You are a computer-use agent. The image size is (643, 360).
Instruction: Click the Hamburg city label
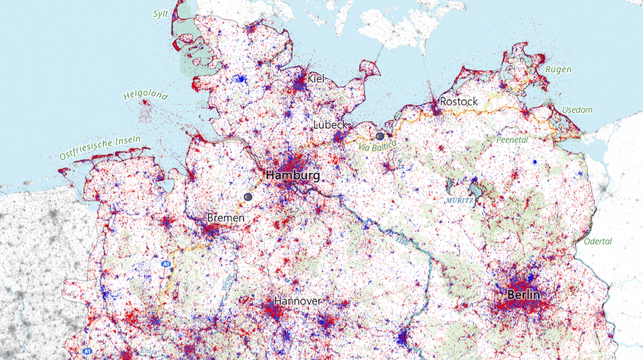point(293,175)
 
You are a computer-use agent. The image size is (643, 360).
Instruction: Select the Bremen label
point(226,219)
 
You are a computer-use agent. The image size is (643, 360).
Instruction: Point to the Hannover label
point(297,301)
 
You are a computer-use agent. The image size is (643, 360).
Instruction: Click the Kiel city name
point(316,78)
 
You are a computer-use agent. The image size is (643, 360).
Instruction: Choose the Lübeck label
point(331,124)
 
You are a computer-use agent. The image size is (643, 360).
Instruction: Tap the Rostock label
point(458,102)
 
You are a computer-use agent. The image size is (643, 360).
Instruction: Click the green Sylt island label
point(161,13)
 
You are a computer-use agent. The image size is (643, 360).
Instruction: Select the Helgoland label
point(145,96)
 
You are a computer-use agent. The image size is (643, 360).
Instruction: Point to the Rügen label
point(557,69)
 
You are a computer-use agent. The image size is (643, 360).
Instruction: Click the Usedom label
point(577,110)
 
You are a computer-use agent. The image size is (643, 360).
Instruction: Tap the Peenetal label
point(512,139)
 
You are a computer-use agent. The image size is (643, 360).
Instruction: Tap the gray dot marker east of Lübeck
point(380,136)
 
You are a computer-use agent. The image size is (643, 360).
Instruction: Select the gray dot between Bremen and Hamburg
point(248,196)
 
